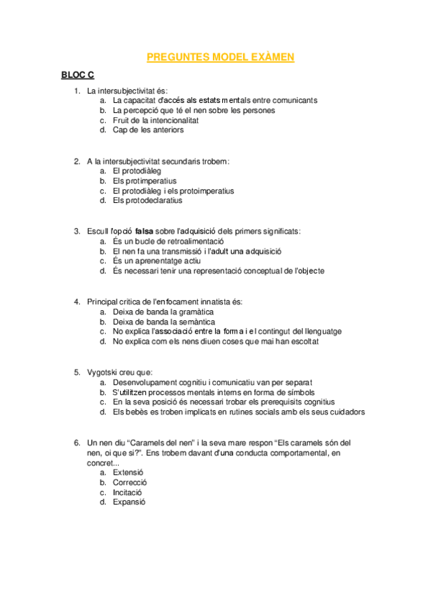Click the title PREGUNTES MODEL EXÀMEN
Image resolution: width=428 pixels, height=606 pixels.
pyautogui.click(x=220, y=58)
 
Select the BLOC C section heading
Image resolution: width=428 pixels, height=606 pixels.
pyautogui.click(x=77, y=75)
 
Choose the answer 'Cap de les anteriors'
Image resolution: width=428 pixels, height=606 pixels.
pyautogui.click(x=148, y=130)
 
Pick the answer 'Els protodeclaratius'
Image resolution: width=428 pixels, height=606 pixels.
pyautogui.click(x=147, y=201)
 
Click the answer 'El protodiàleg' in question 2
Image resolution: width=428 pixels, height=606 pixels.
pyautogui.click(x=136, y=172)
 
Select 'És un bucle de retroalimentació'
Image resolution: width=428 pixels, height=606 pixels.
pyautogui.click(x=163, y=242)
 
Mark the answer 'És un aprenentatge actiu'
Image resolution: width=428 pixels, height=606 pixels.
pyautogui.click(x=151, y=262)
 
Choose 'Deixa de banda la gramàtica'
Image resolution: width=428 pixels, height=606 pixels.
pyautogui.click(x=163, y=312)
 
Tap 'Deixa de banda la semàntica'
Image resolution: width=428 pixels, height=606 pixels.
pyautogui.click(x=164, y=322)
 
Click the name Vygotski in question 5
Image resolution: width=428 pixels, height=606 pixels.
pyautogui.click(x=103, y=372)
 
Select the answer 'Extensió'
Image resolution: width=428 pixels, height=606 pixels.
pyautogui.click(x=128, y=472)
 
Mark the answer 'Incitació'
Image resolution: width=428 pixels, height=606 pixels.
pyautogui.click(x=127, y=492)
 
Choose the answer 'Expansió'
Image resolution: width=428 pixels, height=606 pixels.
pyautogui.click(x=129, y=502)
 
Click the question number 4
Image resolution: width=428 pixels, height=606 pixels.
pyautogui.click(x=77, y=302)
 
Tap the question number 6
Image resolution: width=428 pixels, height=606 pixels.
pyautogui.click(x=77, y=443)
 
